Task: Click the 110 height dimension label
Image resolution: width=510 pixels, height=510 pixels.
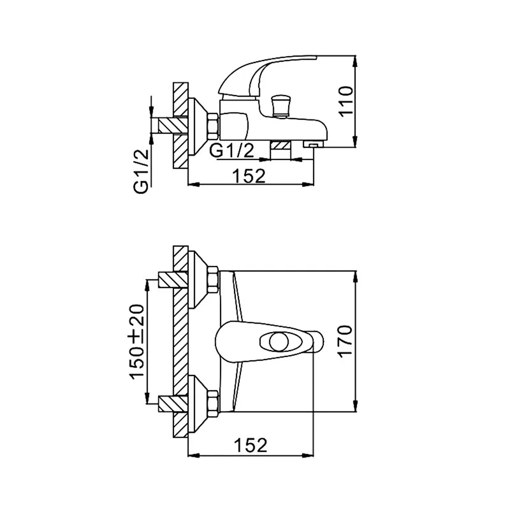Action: click(x=346, y=101)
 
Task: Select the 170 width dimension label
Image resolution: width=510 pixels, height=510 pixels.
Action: click(x=346, y=342)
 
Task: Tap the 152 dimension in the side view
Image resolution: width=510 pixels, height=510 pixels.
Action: click(x=249, y=176)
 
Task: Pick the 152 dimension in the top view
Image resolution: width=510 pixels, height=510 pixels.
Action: click(x=251, y=445)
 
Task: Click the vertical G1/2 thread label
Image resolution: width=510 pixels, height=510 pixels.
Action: click(x=141, y=171)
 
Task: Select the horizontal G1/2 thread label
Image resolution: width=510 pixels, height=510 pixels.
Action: click(x=231, y=150)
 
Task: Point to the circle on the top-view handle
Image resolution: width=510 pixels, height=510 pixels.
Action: click(x=277, y=342)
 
